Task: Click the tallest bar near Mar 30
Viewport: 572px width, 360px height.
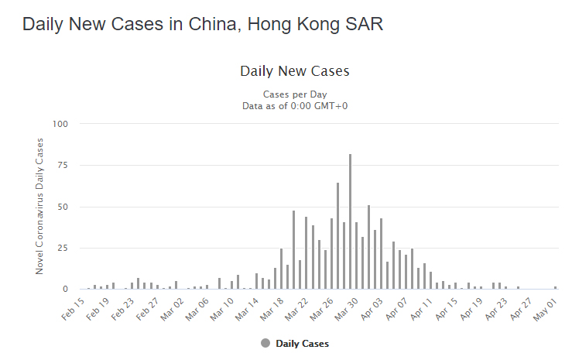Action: [x=350, y=221]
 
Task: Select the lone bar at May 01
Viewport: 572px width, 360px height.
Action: [x=555, y=287]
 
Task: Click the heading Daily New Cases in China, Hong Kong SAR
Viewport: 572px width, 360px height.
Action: [x=202, y=24]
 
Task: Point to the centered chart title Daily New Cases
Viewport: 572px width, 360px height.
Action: [x=295, y=71]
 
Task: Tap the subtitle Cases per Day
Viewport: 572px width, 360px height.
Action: [x=295, y=94]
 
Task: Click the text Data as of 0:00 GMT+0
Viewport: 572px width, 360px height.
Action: [x=295, y=105]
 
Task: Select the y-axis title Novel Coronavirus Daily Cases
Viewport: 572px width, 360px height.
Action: [x=39, y=206]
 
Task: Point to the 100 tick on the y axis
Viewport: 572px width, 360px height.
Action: [x=61, y=124]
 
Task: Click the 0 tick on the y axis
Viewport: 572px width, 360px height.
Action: [x=67, y=289]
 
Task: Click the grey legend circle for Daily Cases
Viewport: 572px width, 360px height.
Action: [x=265, y=343]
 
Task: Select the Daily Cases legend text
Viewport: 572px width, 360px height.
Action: [x=303, y=343]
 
